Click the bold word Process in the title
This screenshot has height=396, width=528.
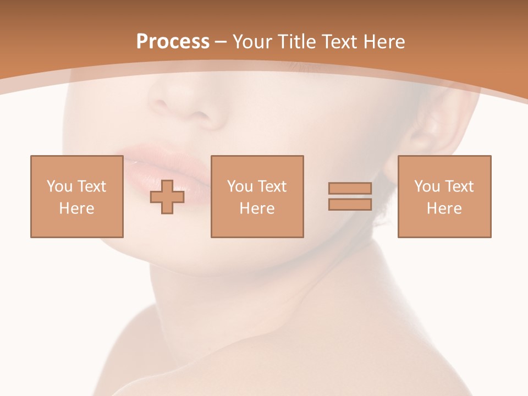(173, 42)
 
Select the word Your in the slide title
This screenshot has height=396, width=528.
(252, 42)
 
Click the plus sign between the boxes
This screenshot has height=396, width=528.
(167, 196)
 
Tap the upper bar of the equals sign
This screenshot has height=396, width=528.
(350, 189)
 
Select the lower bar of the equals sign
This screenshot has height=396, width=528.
(350, 204)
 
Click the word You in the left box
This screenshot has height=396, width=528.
(59, 186)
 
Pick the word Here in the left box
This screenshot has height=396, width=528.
(76, 208)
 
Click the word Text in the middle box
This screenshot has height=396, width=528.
(272, 186)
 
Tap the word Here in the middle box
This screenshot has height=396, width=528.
(257, 208)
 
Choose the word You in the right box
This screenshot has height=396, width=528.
(427, 186)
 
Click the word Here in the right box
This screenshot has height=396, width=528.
(444, 208)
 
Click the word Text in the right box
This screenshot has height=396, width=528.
(459, 186)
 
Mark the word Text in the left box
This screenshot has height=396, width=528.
(92, 186)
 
